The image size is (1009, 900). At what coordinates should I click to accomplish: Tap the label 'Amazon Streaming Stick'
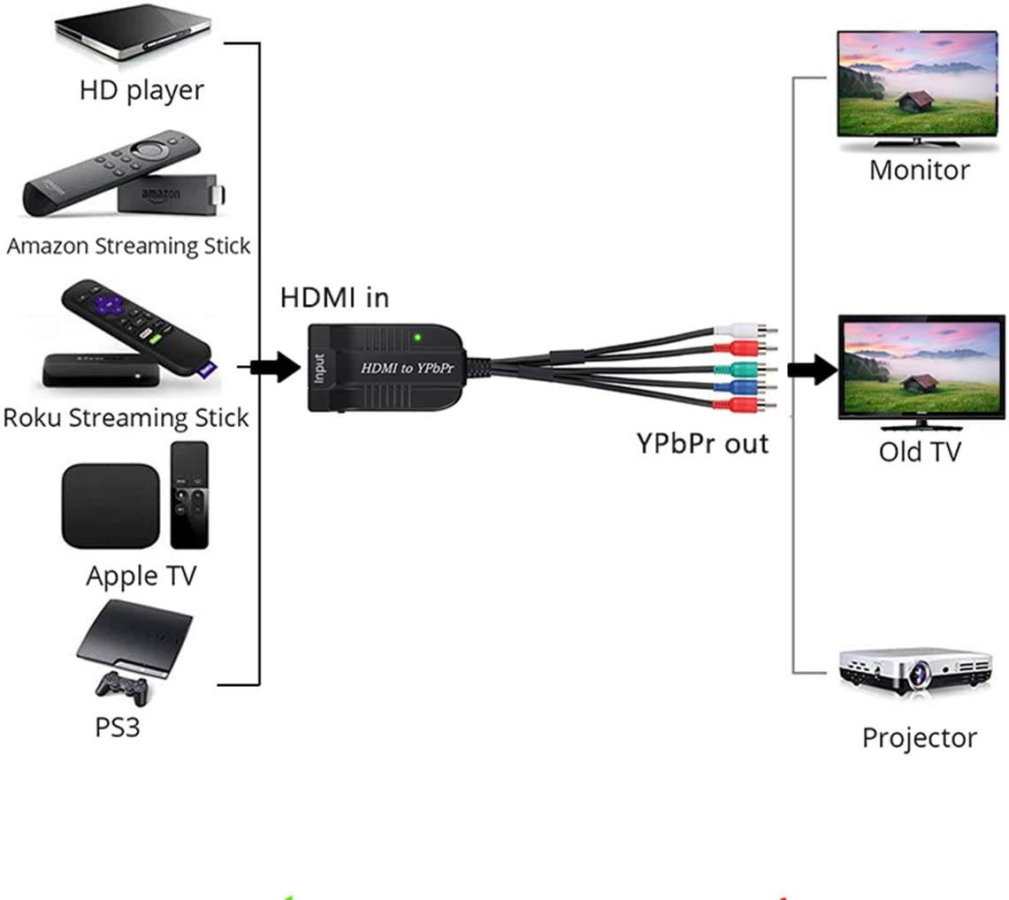pyautogui.click(x=128, y=246)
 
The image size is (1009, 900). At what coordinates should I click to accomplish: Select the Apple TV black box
pyautogui.click(x=110, y=505)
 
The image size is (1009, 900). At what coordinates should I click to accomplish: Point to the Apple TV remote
pyautogui.click(x=189, y=495)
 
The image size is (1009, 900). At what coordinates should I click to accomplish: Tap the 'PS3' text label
pyautogui.click(x=118, y=728)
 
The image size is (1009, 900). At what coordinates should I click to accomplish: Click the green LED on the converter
pyautogui.click(x=416, y=337)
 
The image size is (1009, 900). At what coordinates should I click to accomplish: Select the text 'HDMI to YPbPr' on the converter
pyautogui.click(x=406, y=367)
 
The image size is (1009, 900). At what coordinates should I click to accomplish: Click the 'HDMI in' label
pyautogui.click(x=334, y=298)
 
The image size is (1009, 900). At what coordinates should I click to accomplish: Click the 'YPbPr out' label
pyautogui.click(x=702, y=443)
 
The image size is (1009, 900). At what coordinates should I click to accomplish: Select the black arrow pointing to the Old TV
pyautogui.click(x=811, y=368)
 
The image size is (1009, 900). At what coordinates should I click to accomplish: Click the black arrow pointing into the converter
pyautogui.click(x=277, y=366)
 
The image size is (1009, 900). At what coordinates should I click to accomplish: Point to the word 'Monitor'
pyautogui.click(x=919, y=170)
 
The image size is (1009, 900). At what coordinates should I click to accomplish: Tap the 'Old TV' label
pyautogui.click(x=919, y=452)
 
